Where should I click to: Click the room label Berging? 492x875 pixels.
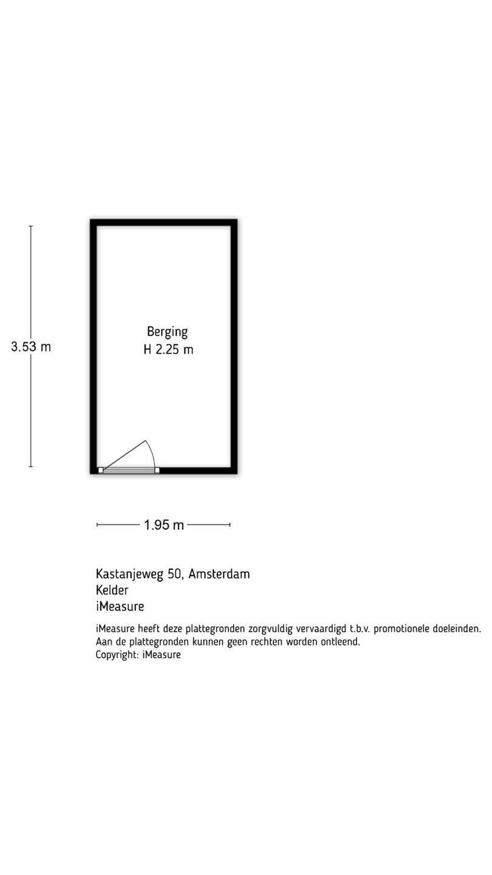(x=167, y=332)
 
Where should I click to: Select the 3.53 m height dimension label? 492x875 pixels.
(x=31, y=347)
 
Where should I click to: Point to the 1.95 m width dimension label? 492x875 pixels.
(x=163, y=525)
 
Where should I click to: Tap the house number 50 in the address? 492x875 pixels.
(x=174, y=574)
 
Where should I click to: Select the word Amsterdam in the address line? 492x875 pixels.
(x=219, y=574)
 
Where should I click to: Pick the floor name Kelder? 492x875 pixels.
(x=112, y=590)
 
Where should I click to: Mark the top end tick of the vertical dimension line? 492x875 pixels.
(x=31, y=226)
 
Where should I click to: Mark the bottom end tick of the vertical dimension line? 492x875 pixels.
(x=31, y=467)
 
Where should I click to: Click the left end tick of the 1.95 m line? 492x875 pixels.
(x=97, y=524)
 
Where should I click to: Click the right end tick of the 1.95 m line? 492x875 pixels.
(x=230, y=524)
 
